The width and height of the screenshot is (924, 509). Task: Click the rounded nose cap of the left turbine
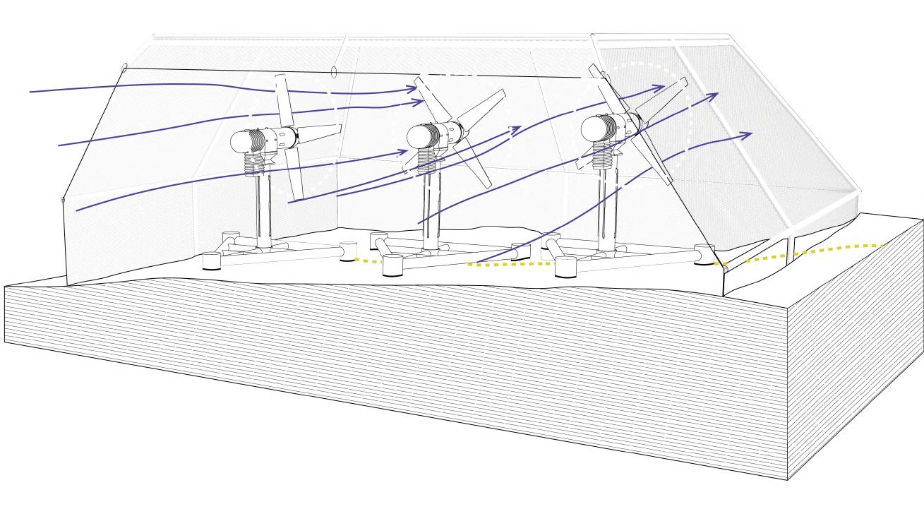[x=240, y=141]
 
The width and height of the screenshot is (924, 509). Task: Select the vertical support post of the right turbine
[x=606, y=208]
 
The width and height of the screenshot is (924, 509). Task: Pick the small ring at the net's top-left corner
[x=124, y=68]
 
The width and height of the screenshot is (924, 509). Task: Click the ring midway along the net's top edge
[x=333, y=71]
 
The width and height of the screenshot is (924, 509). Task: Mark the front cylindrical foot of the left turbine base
[x=212, y=261]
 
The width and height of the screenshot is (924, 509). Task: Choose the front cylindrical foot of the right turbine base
[x=566, y=267]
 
